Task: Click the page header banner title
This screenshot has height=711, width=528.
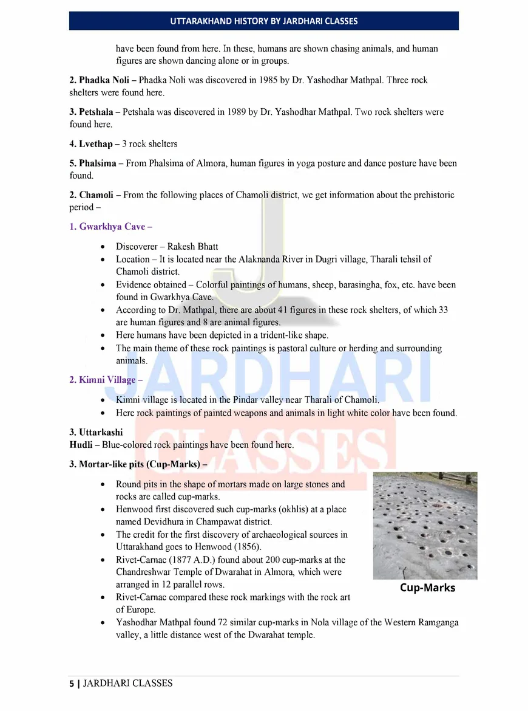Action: tap(263, 21)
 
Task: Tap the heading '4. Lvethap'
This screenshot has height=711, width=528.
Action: tap(93, 144)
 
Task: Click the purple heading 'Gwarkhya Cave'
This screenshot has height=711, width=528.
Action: tap(110, 227)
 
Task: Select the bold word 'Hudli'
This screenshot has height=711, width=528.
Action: tap(81, 445)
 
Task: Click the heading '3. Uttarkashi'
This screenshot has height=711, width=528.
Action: tap(96, 433)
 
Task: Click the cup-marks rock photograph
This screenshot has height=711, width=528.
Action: tap(425, 526)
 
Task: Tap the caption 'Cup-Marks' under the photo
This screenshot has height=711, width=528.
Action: tap(427, 588)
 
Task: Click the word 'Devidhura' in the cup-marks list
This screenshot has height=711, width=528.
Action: tap(146, 522)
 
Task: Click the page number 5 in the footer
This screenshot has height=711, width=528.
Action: tap(72, 684)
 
